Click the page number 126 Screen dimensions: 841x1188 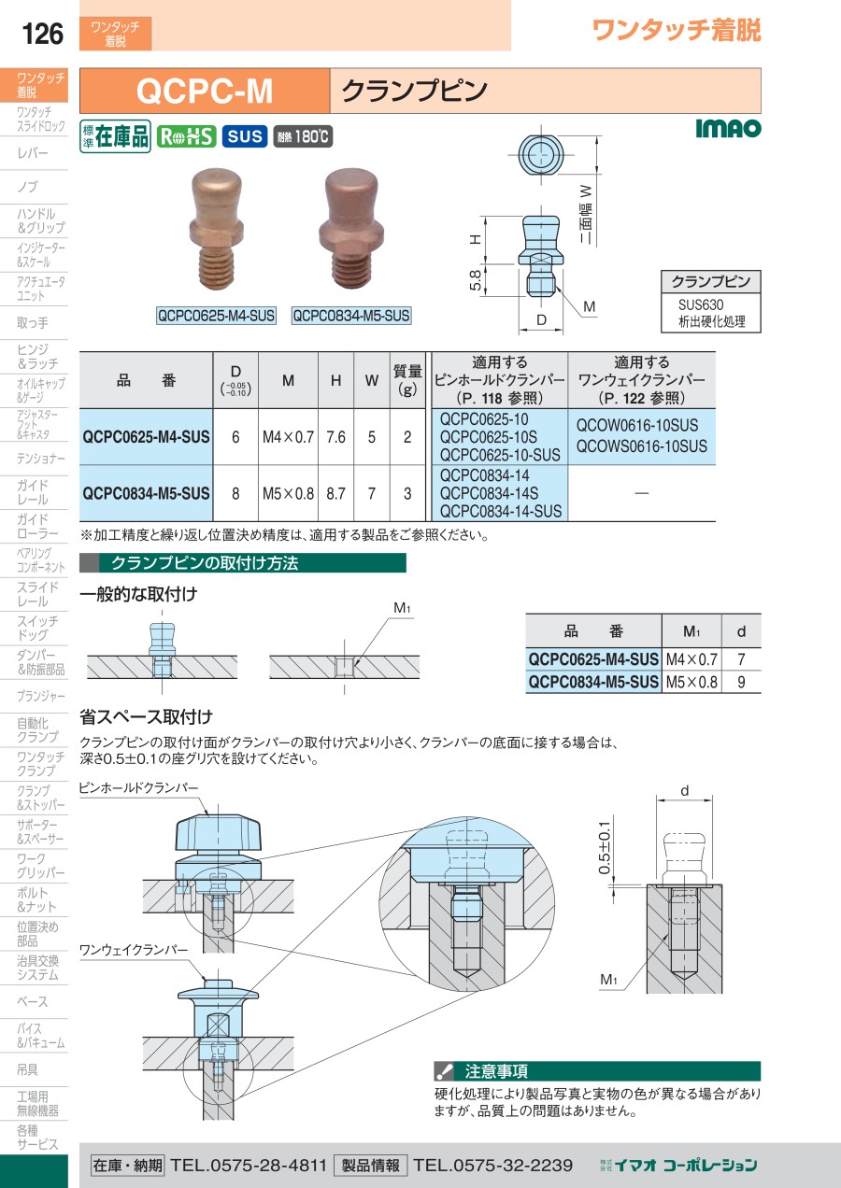coord(42,34)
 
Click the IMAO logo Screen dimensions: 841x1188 coord(728,128)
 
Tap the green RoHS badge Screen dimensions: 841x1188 coord(186,136)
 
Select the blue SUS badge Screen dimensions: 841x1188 coord(245,136)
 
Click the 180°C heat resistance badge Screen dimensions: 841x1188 coord(303,136)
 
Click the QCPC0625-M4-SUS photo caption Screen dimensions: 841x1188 coord(217,316)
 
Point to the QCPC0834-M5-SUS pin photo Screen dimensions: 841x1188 coord(350,229)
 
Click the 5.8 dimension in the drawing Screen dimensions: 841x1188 coord(476,279)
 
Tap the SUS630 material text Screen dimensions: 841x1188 coord(701,305)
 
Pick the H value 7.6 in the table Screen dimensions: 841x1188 coord(335,437)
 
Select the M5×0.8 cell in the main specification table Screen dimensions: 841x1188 coord(288,494)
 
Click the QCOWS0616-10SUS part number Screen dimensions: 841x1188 coord(641,446)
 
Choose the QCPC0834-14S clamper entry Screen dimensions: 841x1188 coord(490,493)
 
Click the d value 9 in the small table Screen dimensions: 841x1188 coord(741,682)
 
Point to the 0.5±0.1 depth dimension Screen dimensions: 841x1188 coord(605,848)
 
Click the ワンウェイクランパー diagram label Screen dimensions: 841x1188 coord(134,950)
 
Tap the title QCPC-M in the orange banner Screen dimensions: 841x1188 coord(205,91)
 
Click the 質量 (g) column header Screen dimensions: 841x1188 coord(407,380)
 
